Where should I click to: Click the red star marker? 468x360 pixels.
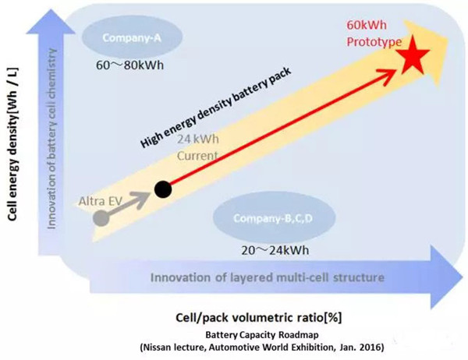point(413,56)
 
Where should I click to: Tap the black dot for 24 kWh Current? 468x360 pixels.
point(163,189)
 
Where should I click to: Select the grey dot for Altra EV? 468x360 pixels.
point(101,218)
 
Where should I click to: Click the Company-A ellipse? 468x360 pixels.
point(132,37)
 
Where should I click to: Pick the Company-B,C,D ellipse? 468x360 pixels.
point(274,218)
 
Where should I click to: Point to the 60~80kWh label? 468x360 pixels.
point(129,65)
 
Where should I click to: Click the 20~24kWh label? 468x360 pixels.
point(275,250)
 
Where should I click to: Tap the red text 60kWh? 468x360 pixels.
point(367,25)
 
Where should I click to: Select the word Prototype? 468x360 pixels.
point(374,42)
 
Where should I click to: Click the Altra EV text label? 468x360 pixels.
point(101,201)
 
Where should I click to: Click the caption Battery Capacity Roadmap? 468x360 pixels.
point(262,335)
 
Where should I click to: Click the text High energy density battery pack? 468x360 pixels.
point(215,108)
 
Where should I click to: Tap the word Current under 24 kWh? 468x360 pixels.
point(197,155)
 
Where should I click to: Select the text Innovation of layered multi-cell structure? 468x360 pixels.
point(267,277)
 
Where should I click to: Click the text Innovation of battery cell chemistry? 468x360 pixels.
point(51,139)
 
